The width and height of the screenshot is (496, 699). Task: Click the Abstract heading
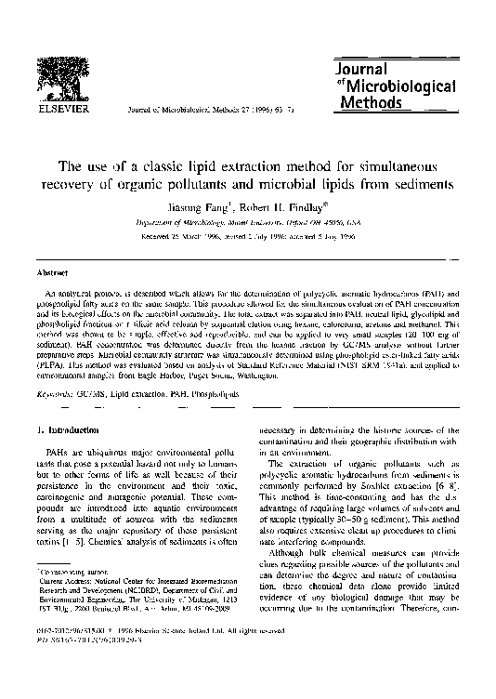[x=49, y=275]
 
